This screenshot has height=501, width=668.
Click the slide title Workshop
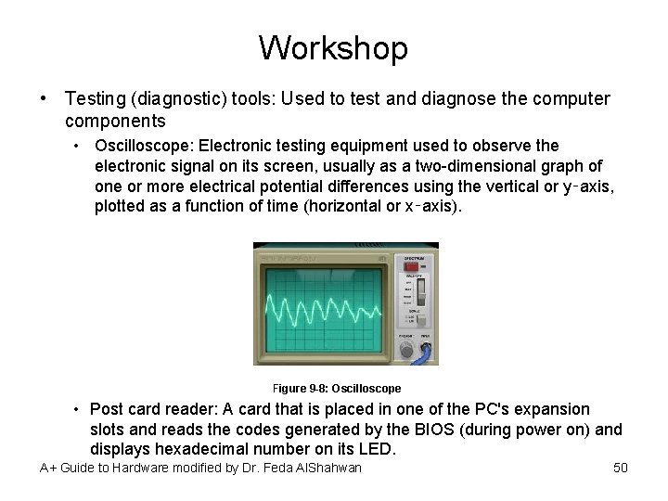(x=333, y=47)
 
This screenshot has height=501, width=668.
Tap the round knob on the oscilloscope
(x=405, y=351)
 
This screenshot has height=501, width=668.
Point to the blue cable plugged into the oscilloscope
(x=427, y=353)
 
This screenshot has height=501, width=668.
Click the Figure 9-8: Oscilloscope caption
(x=337, y=388)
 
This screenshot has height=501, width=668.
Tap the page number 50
(x=621, y=468)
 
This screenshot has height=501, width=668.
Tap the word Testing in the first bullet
(x=98, y=98)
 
